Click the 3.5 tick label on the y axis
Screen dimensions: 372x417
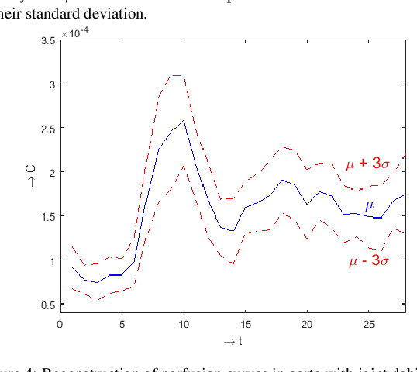click(47, 40)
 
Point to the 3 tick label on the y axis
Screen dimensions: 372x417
click(51, 84)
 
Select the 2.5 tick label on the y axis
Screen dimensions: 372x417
click(47, 129)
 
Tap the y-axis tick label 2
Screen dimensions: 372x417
click(51, 172)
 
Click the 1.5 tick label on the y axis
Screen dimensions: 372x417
click(47, 216)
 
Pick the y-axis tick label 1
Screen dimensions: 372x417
click(51, 260)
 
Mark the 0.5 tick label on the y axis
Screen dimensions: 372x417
click(47, 305)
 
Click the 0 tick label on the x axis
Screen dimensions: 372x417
click(60, 324)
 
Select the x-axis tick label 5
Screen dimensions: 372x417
click(122, 324)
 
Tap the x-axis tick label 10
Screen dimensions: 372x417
click(183, 324)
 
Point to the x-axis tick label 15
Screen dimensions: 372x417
click(245, 324)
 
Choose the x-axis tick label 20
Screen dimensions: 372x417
click(307, 324)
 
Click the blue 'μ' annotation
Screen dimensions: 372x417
click(369, 205)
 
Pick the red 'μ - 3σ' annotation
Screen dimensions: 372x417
click(369, 261)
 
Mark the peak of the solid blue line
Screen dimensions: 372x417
click(184, 120)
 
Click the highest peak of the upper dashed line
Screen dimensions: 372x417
click(177, 75)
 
